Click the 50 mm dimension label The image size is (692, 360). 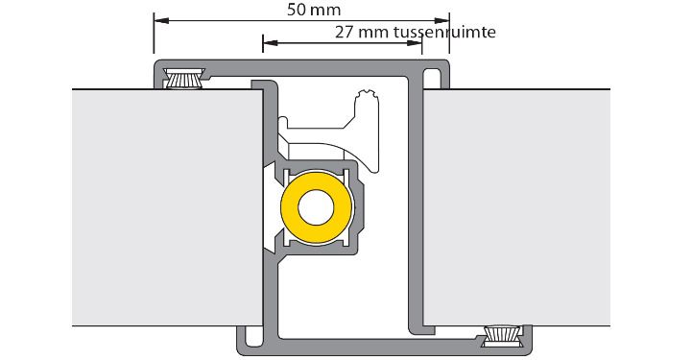click(x=314, y=10)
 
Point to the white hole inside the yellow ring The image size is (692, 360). click(x=316, y=207)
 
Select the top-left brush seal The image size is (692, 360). click(x=183, y=79)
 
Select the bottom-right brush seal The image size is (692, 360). click(x=503, y=337)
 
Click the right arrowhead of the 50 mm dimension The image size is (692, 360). click(x=441, y=21)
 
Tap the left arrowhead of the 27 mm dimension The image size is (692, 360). click(x=270, y=43)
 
